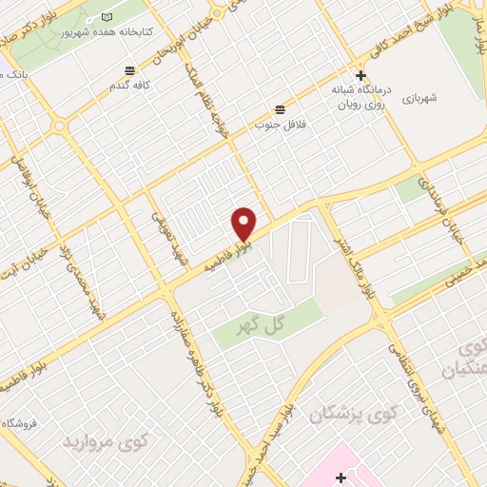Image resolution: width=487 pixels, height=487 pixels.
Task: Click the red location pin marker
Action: (244, 224)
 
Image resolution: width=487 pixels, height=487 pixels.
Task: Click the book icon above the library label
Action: (106, 18)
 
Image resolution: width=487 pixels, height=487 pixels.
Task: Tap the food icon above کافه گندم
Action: (130, 69)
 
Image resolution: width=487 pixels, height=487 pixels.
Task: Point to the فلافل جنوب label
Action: (275, 124)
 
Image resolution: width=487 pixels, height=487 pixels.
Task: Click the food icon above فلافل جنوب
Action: (280, 109)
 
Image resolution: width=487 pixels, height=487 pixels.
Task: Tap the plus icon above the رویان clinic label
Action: (360, 76)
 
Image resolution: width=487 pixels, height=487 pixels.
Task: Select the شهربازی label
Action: (419, 98)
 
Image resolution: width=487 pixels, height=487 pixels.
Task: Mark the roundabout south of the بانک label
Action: (59, 125)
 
